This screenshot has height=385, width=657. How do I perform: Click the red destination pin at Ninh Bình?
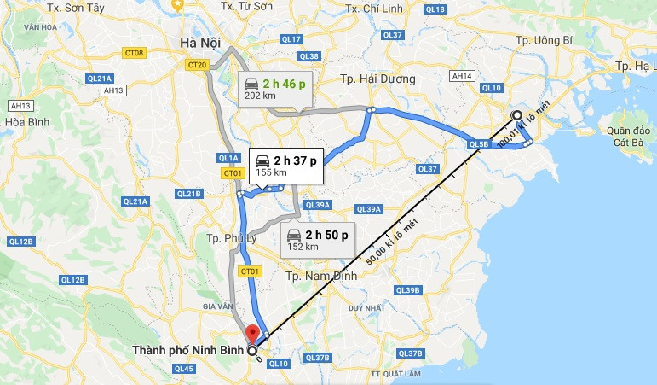[x=251, y=333]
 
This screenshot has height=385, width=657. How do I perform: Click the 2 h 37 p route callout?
[x=287, y=165]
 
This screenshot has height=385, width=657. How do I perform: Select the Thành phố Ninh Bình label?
[x=190, y=350]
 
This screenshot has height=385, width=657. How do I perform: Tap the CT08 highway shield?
[x=135, y=53]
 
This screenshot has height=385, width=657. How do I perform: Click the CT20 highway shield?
[x=198, y=65]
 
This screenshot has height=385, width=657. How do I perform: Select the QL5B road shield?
[x=478, y=145]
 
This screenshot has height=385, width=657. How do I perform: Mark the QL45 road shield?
[x=183, y=369]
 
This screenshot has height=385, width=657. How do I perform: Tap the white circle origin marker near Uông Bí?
[x=516, y=115]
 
